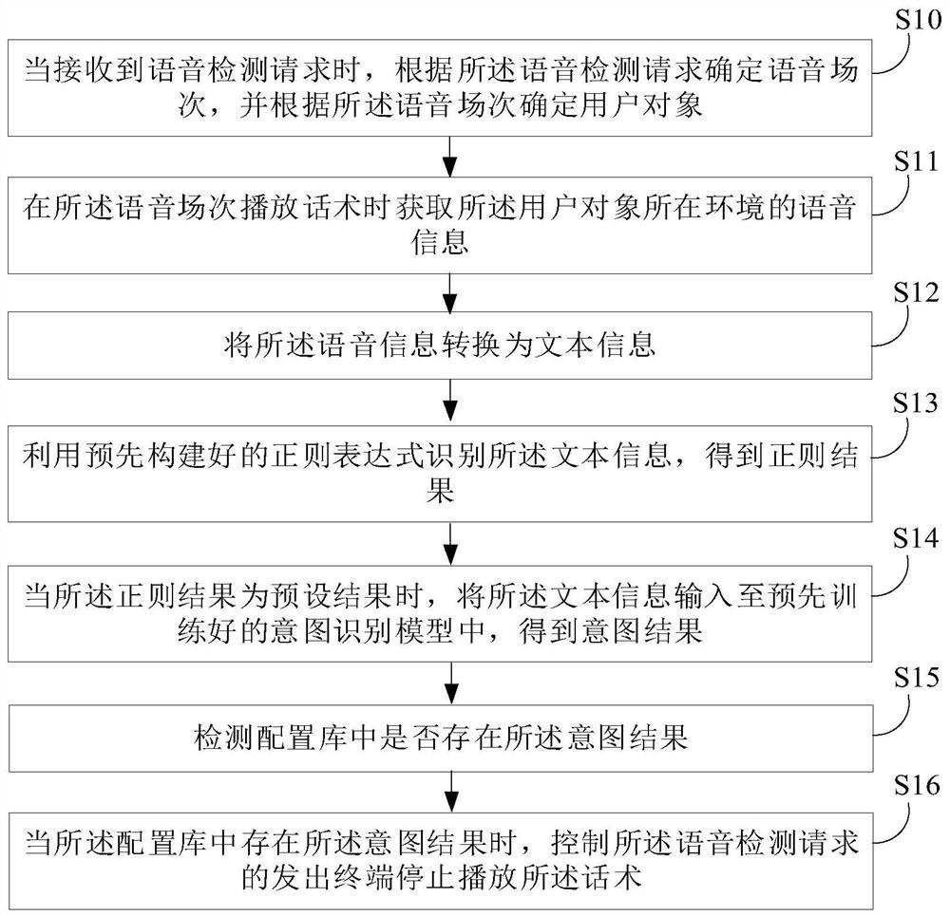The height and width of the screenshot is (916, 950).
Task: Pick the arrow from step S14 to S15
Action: click(x=451, y=679)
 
